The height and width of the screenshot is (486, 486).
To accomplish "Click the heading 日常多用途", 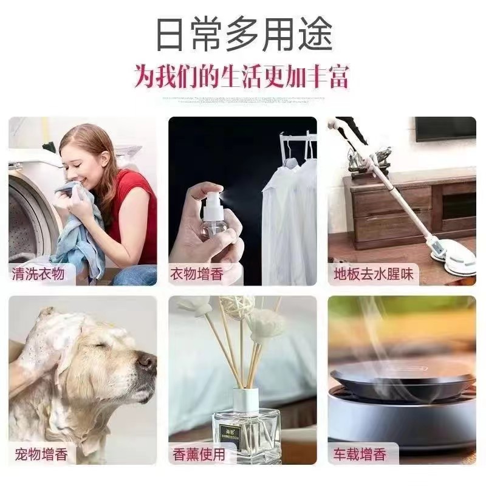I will (x=244, y=35).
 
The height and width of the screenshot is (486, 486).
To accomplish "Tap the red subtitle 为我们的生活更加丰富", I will (x=243, y=78).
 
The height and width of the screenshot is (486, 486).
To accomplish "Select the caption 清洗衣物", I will (x=38, y=274).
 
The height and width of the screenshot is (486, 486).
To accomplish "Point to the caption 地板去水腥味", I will (x=374, y=274).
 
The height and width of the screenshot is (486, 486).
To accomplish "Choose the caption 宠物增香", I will (x=41, y=453).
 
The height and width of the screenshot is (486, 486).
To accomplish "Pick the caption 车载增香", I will (x=359, y=453).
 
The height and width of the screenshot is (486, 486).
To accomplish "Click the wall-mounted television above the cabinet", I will (x=445, y=129).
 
